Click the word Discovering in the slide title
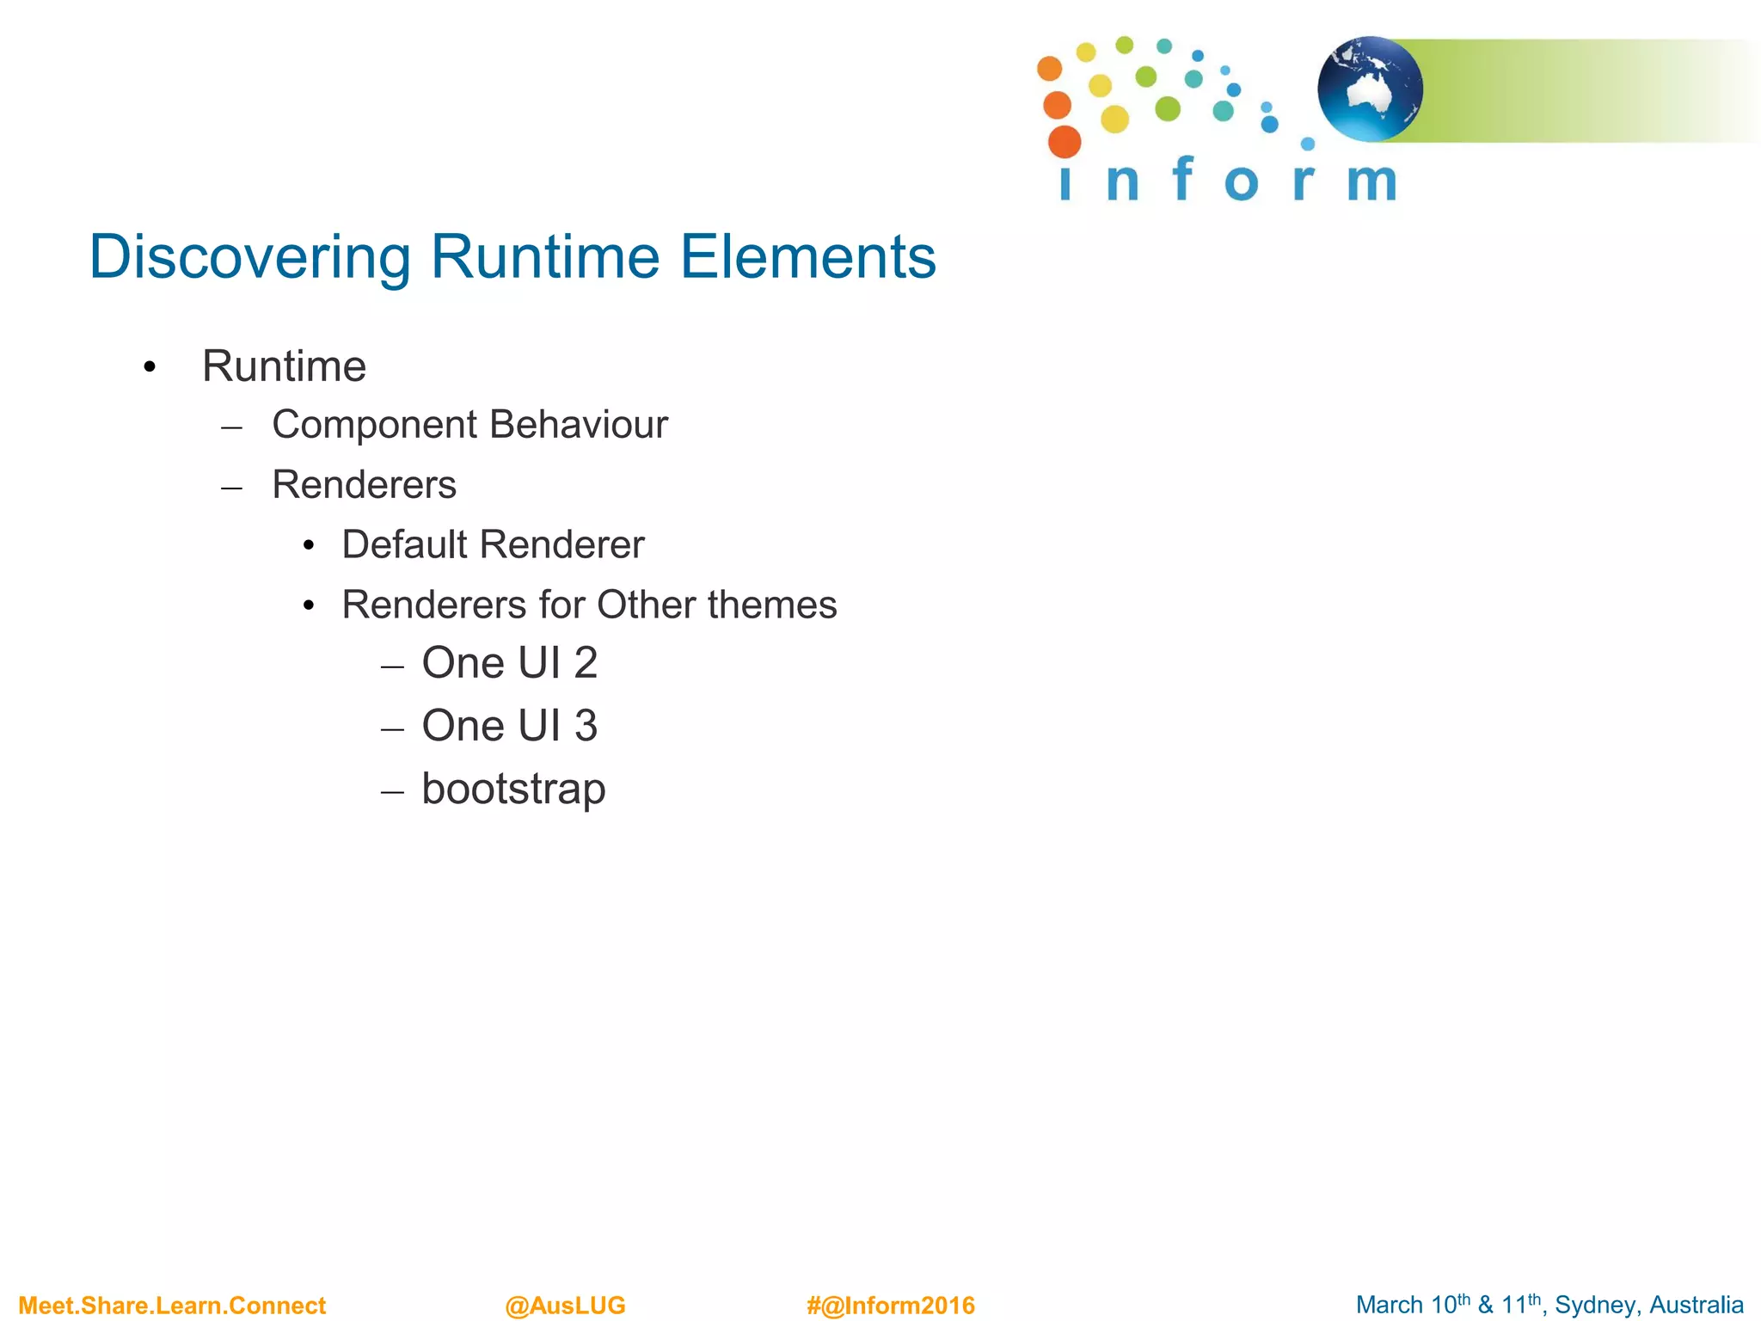pyautogui.click(x=249, y=257)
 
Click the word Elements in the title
pyautogui.click(x=807, y=257)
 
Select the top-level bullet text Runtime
pyautogui.click(x=284, y=366)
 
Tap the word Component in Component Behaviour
pyautogui.click(x=374, y=425)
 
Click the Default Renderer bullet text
pyautogui.click(x=493, y=544)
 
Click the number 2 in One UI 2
pyautogui.click(x=586, y=663)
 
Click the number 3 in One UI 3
pyautogui.click(x=586, y=726)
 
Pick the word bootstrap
pyautogui.click(x=513, y=789)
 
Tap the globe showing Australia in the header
pyautogui.click(x=1370, y=89)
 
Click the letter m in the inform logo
pyautogui.click(x=1371, y=182)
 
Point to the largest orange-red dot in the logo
pyautogui.click(x=1065, y=142)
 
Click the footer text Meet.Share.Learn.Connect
pyautogui.click(x=172, y=1306)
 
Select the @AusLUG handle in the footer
pyautogui.click(x=565, y=1306)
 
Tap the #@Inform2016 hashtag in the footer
pyautogui.click(x=890, y=1306)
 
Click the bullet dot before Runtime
pyautogui.click(x=150, y=368)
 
